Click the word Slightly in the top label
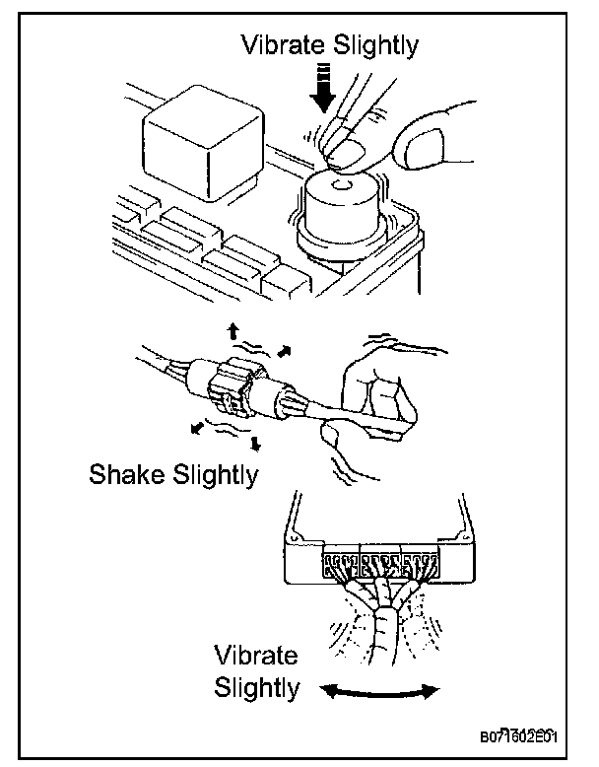point(377,46)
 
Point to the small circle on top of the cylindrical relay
point(340,183)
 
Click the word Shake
point(129,474)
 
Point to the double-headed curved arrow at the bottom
point(381,693)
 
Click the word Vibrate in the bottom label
point(255,656)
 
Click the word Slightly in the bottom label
point(255,687)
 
